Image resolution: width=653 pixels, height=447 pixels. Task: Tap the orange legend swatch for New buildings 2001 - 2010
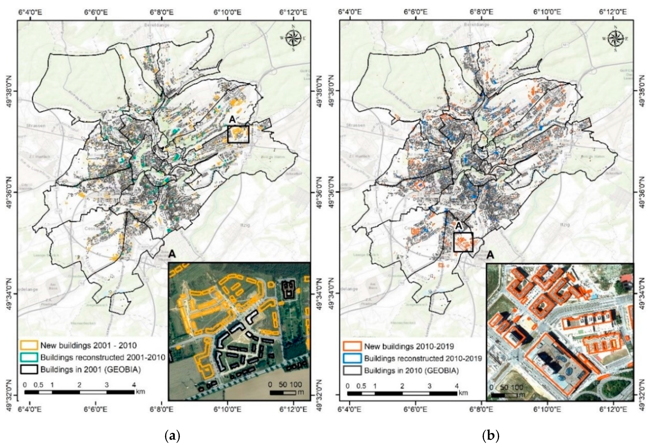(29, 345)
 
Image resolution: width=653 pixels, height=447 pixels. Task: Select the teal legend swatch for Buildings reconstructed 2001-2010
(29, 357)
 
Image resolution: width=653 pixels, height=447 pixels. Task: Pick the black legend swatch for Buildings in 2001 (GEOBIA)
(29, 369)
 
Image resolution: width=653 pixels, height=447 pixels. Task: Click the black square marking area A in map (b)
(463, 242)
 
